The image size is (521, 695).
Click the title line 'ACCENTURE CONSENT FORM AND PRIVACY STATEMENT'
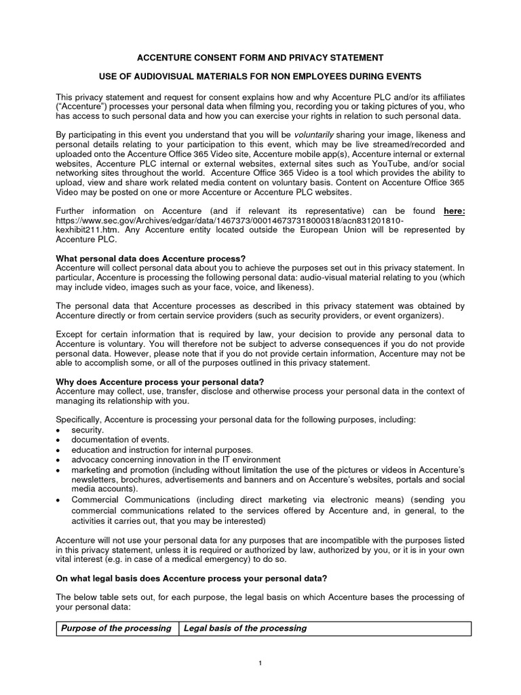261,58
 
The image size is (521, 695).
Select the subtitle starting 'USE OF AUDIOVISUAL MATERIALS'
261,77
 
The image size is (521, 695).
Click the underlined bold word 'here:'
454,211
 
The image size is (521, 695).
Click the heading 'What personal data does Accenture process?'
151,259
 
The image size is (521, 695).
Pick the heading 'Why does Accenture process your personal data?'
160,382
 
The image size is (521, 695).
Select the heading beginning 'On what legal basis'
191,578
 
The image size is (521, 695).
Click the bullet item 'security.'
88,430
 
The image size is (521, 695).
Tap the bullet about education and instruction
162,449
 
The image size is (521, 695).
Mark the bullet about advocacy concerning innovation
176,459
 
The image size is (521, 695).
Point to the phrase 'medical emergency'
206,560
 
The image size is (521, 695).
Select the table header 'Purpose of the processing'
116,628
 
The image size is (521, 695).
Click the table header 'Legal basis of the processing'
245,628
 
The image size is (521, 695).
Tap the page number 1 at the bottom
260,663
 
